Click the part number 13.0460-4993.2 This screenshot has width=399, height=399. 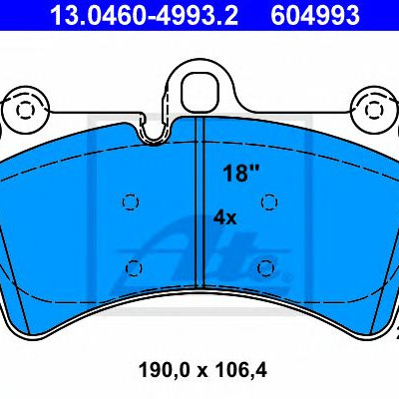point(144,15)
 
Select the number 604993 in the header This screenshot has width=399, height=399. point(315,15)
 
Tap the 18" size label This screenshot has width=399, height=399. point(240,174)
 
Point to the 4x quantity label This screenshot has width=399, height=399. point(224,218)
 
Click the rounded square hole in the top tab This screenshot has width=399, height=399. point(200,91)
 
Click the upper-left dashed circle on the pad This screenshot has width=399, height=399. point(131,201)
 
